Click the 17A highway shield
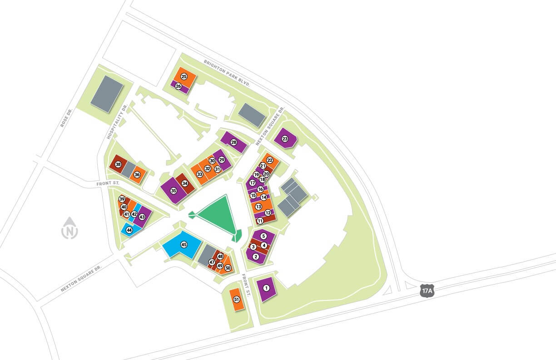point(427,290)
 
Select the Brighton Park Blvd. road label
point(227,73)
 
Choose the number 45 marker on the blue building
point(184,244)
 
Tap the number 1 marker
point(267,287)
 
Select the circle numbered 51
point(236,300)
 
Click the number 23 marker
point(285,139)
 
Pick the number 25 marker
point(184,76)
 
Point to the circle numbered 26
point(178,86)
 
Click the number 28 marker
point(234,142)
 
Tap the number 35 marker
point(174,191)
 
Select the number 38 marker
point(118,164)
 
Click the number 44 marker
point(129,230)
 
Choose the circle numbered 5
point(263,236)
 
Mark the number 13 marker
point(258,206)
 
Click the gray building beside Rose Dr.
point(107,94)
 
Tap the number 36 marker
point(137,175)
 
